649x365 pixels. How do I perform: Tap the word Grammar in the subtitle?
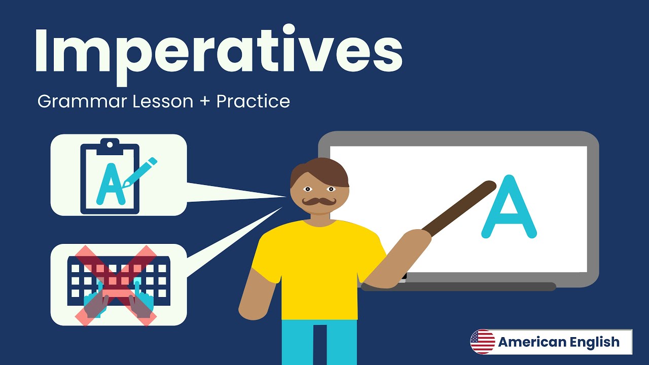coord(82,102)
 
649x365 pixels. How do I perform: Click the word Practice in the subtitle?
coord(253,101)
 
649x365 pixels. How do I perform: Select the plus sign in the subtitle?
coord(204,102)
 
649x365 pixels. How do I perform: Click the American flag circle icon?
coord(483,342)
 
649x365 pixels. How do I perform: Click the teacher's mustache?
coord(319,202)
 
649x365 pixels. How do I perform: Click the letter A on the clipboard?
coord(111,184)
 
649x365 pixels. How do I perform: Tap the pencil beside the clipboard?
coord(139,173)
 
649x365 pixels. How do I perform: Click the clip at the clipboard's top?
coord(110,147)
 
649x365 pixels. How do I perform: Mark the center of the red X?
coord(116,285)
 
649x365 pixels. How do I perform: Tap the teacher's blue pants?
coord(319,342)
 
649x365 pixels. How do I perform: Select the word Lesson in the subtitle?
coord(163,102)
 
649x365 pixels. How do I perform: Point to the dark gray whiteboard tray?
coord(458,287)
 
